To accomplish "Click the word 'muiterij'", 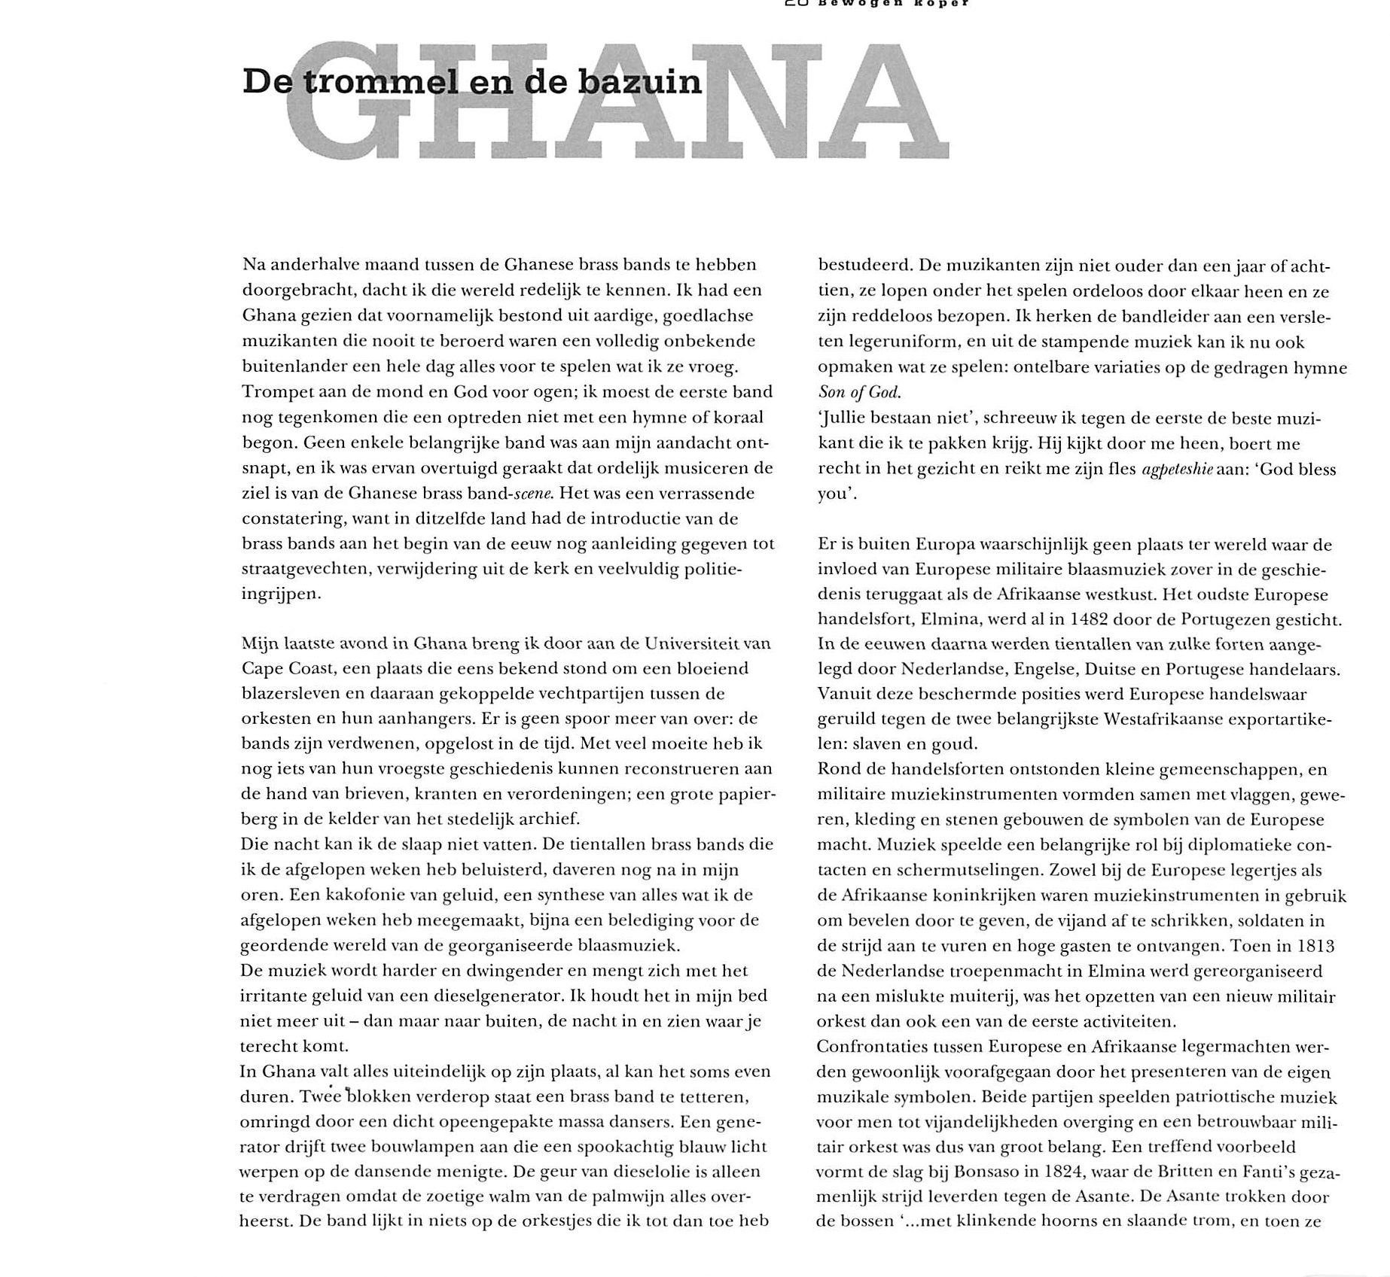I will point(981,996).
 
